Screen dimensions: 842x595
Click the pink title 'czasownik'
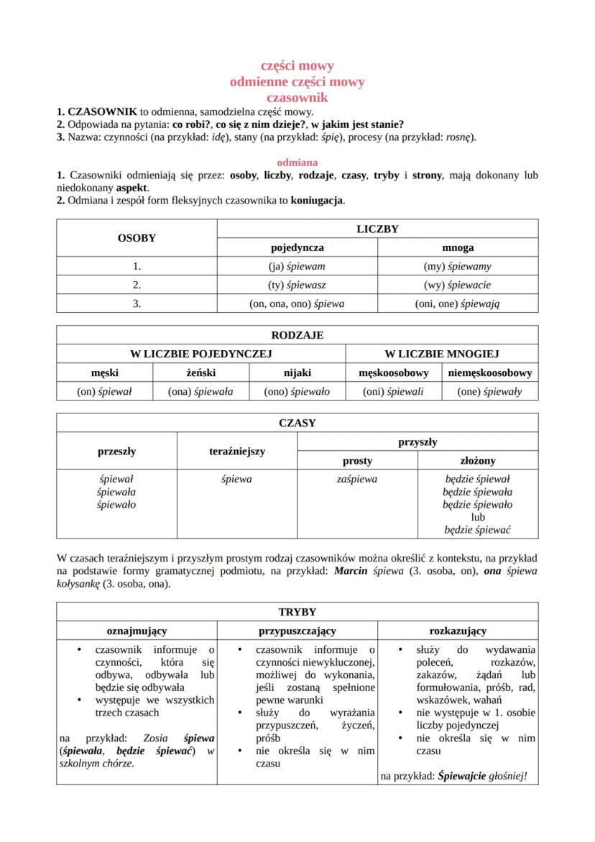coord(297,97)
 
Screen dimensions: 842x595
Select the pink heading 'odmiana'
coord(297,163)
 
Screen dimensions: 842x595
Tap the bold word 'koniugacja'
coord(317,201)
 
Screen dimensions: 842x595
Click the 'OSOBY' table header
coord(137,238)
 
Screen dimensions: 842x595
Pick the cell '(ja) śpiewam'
coord(296,266)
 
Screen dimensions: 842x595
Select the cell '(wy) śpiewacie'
coord(458,285)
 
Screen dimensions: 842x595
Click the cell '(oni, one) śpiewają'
coord(458,303)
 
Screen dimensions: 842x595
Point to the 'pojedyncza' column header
coord(296,247)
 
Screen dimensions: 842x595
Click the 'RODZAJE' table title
coord(297,335)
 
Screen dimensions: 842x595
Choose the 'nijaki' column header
coord(297,372)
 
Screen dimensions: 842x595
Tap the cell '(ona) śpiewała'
coord(200,391)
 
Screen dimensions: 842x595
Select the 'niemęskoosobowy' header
coord(489,372)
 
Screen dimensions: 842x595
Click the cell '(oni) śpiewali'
coord(393,391)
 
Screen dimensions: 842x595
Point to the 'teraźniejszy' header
coord(236,452)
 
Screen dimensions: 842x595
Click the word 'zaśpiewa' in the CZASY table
coord(356,479)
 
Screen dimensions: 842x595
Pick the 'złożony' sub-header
coord(478,460)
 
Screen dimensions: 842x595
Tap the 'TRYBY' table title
coord(297,612)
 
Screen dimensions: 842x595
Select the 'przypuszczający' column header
coord(297,631)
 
